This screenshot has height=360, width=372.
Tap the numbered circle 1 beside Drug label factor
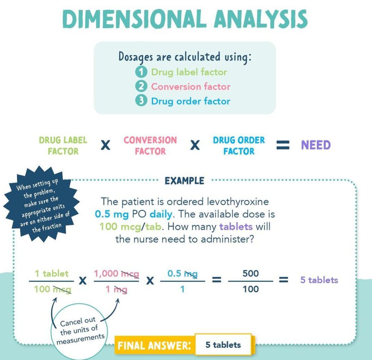pyautogui.click(x=141, y=72)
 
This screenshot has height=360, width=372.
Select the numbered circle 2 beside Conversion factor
pyautogui.click(x=141, y=86)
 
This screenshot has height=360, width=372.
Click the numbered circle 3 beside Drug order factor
pyautogui.click(x=141, y=101)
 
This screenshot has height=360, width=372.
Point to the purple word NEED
pyautogui.click(x=315, y=145)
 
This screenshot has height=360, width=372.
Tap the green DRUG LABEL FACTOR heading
pyautogui.click(x=63, y=146)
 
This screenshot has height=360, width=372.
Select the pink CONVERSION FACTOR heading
pyautogui.click(x=150, y=146)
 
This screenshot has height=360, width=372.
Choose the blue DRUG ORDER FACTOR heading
pyautogui.click(x=239, y=146)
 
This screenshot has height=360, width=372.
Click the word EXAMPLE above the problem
pyautogui.click(x=184, y=181)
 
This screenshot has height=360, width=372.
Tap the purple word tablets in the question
pyautogui.click(x=236, y=227)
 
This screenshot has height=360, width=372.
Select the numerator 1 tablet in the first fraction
pyautogui.click(x=52, y=274)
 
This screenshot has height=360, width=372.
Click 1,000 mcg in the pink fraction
pyautogui.click(x=116, y=274)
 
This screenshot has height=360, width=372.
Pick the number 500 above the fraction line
pyautogui.click(x=250, y=274)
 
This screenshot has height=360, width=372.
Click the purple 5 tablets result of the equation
pyautogui.click(x=319, y=280)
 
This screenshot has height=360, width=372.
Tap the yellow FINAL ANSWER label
pyautogui.click(x=154, y=345)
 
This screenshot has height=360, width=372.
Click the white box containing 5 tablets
pyautogui.click(x=223, y=345)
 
